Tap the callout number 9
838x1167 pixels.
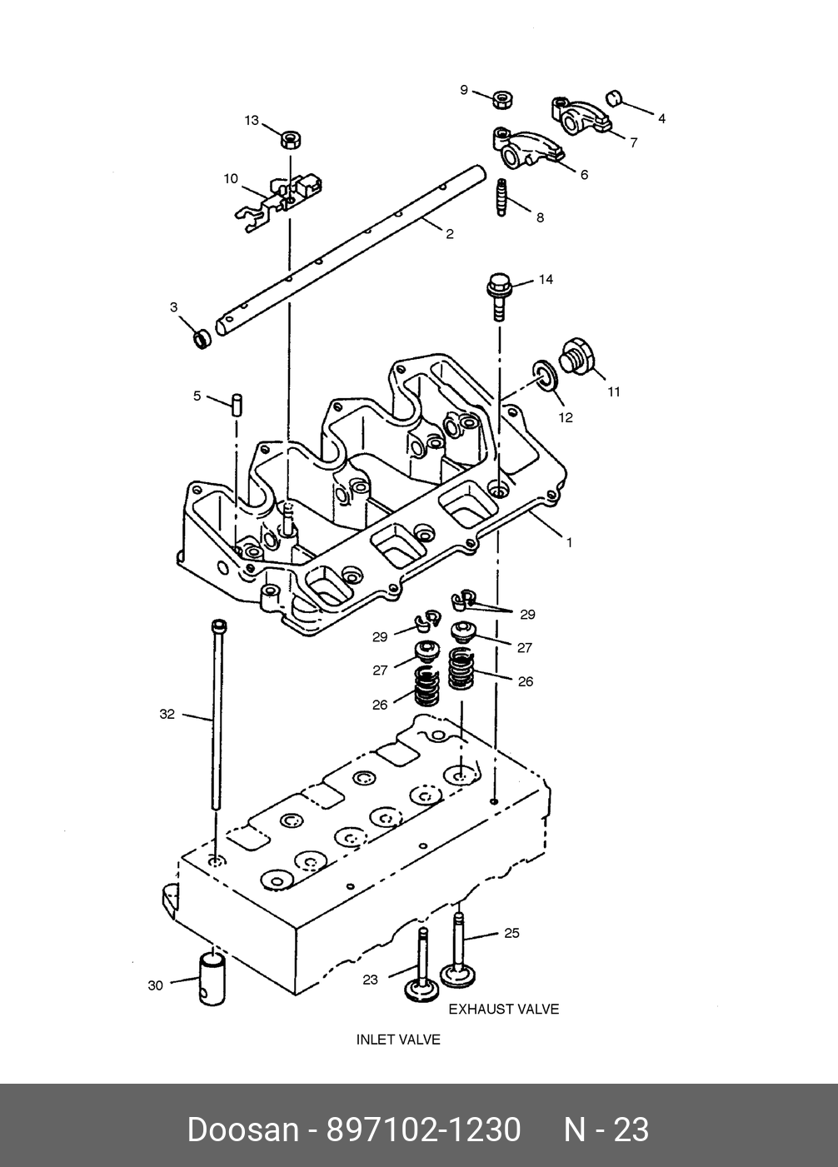tap(464, 90)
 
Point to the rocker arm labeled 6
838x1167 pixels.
tap(526, 148)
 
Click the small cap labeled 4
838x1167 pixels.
tap(615, 97)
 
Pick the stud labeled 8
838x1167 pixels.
tap(501, 197)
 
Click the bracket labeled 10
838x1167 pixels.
tap(277, 202)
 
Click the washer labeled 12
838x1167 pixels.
tap(545, 375)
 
